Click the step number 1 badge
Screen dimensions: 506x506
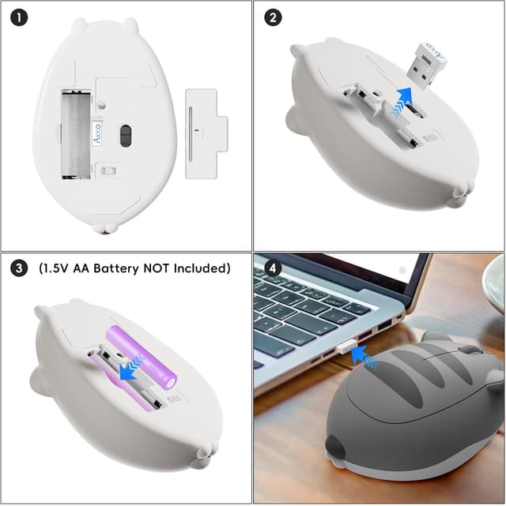coord(19,18)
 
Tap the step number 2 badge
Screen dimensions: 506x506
coord(273,18)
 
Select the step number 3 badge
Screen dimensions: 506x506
coord(19,268)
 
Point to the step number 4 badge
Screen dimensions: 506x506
coord(273,268)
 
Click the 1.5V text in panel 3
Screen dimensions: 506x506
coord(54,268)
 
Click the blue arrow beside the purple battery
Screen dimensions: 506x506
coord(131,368)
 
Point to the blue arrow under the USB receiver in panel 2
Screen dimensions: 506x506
coord(402,100)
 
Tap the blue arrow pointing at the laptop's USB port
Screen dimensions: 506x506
coord(363,356)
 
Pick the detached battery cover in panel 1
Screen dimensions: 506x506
coord(206,133)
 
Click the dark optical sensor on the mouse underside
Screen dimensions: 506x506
coord(125,136)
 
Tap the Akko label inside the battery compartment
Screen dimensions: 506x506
coord(97,133)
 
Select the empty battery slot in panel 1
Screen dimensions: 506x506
coord(76,134)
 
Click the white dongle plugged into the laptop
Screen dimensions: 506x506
coord(347,347)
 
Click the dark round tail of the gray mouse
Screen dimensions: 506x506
coord(334,448)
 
